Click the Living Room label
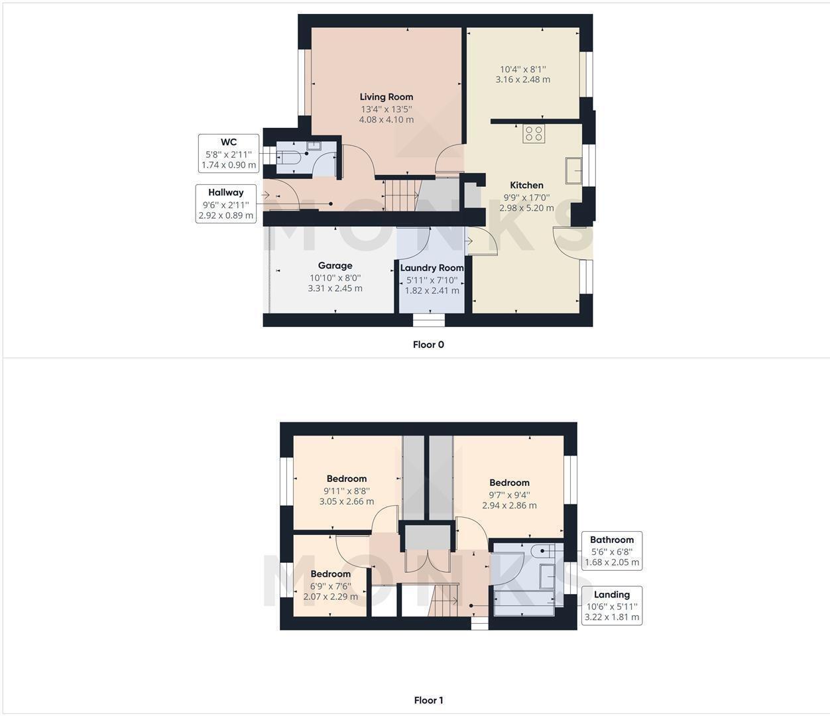[x=386, y=97]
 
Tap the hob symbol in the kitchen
[x=534, y=133]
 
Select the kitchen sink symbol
[x=573, y=170]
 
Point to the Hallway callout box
[x=226, y=204]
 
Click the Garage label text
[x=335, y=266]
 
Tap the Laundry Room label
[x=432, y=268]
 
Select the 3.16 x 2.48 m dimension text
[x=522, y=80]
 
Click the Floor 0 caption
[x=428, y=345]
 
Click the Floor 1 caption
[x=428, y=700]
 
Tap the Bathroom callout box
[x=611, y=551]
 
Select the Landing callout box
[x=611, y=605]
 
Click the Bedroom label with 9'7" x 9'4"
[x=509, y=483]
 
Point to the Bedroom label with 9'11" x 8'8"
[x=346, y=479]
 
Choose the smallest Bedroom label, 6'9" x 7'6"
[x=330, y=574]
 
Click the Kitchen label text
[x=526, y=186]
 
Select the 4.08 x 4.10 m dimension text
[x=386, y=120]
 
